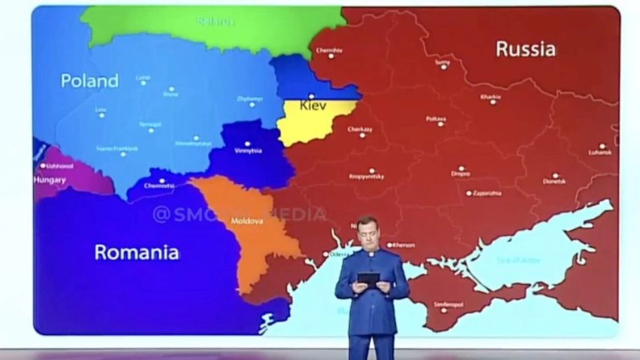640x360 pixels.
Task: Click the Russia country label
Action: point(525,48)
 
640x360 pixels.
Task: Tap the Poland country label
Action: point(90,81)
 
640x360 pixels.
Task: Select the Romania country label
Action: point(137,252)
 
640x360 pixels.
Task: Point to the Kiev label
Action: point(313,105)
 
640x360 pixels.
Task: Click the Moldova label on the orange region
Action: point(247,221)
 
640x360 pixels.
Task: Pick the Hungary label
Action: point(50,179)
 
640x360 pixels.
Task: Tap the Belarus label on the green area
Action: point(216,22)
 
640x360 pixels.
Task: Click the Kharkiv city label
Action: point(491,96)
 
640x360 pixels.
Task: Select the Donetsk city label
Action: point(554,181)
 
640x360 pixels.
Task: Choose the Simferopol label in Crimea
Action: point(448,303)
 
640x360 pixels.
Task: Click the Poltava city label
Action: point(436,119)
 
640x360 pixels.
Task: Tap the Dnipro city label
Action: point(461,174)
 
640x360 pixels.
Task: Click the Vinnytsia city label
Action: point(248,150)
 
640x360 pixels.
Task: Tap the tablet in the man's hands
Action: point(367,280)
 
